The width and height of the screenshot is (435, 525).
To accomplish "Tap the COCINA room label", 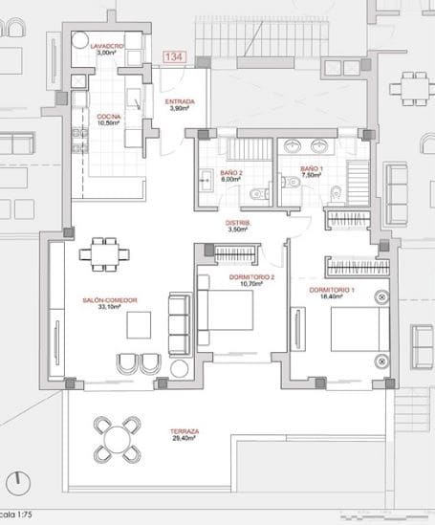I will tap(107, 118).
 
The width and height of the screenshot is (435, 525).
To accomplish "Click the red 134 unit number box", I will tap(174, 58).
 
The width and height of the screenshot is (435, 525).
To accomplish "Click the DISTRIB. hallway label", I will tap(238, 225).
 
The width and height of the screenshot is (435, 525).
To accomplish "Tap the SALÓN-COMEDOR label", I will tap(110, 301).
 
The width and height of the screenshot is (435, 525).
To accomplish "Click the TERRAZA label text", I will tap(185, 432).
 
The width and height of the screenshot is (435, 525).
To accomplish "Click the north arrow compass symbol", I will tap(16, 480).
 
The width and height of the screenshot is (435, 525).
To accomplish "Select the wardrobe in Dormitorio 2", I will tap(232, 254).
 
